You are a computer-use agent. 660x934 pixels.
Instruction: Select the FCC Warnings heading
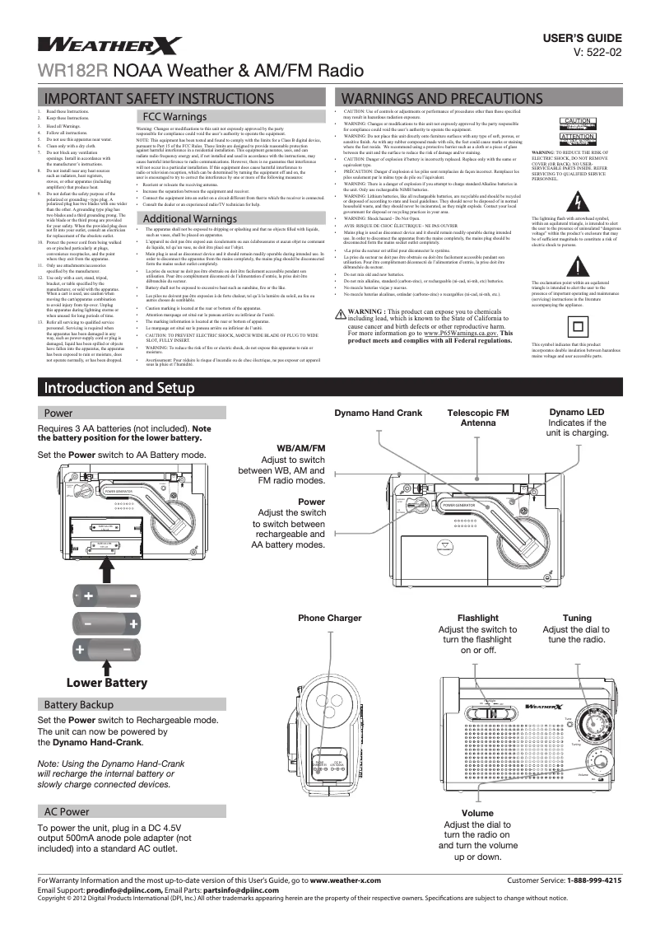(x=175, y=117)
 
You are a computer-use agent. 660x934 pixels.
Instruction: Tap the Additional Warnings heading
(x=191, y=218)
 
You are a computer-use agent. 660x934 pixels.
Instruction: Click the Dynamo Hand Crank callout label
(x=378, y=413)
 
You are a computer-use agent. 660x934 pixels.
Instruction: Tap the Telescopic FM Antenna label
(x=477, y=418)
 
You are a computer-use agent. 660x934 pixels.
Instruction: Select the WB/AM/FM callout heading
(x=302, y=447)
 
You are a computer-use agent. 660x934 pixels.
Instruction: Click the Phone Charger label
(x=307, y=618)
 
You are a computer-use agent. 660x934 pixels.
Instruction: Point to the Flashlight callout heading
(x=477, y=618)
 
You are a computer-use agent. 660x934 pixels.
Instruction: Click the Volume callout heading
(x=477, y=814)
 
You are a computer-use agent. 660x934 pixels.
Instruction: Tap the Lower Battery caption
(x=107, y=682)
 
